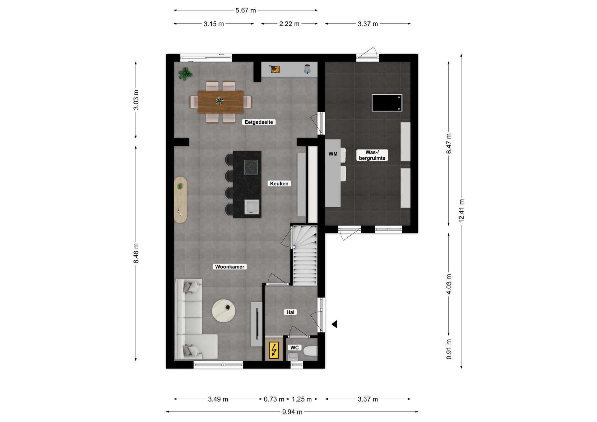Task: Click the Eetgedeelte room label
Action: coord(259,122)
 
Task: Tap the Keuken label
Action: coord(279,184)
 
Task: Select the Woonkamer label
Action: coord(230,267)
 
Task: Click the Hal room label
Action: coord(290,312)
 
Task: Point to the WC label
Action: coord(294,347)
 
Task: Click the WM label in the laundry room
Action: coord(333,154)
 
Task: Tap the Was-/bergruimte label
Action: coord(372,155)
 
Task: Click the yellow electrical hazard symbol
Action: coord(274,350)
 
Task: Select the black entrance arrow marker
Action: coord(334,324)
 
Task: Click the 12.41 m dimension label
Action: coord(461,210)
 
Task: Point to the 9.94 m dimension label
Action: coord(292,412)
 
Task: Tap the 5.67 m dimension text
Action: coord(246,10)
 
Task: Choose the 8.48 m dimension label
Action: coord(136,253)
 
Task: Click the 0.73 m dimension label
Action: coord(274,399)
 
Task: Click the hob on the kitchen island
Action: coord(251,167)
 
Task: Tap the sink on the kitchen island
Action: coord(252,207)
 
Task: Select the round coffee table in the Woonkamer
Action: coord(224,310)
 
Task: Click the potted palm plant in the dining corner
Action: coord(185,74)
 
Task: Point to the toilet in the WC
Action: coord(310,351)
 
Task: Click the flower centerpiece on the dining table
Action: coord(220,101)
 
